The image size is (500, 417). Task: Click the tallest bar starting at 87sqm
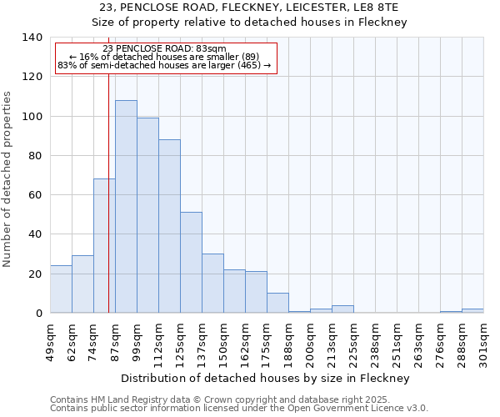[x=126, y=207]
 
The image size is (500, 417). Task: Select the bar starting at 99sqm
[x=147, y=215]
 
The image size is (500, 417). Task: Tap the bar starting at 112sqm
[x=169, y=226]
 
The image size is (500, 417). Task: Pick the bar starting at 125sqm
[x=191, y=263]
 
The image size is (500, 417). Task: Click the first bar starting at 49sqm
[x=61, y=289]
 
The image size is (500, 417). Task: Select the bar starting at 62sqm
[x=82, y=284]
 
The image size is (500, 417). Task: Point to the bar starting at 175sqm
[x=277, y=304]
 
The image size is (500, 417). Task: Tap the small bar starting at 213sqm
[x=342, y=309]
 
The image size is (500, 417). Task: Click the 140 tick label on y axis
[x=32, y=38]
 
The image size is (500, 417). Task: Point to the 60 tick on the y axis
[x=35, y=195]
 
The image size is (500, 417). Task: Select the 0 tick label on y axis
[x=38, y=314]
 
